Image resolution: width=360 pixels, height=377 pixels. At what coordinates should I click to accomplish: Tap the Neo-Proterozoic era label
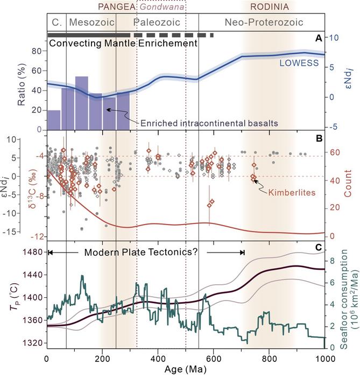tap(262, 23)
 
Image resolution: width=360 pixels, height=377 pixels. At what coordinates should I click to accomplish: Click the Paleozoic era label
tap(160, 23)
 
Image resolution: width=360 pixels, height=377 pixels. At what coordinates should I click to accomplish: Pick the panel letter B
tap(318, 138)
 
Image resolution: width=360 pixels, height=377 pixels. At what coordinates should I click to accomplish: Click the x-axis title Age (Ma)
tap(186, 371)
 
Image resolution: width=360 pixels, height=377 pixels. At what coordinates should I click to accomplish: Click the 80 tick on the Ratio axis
tap(36, 51)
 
